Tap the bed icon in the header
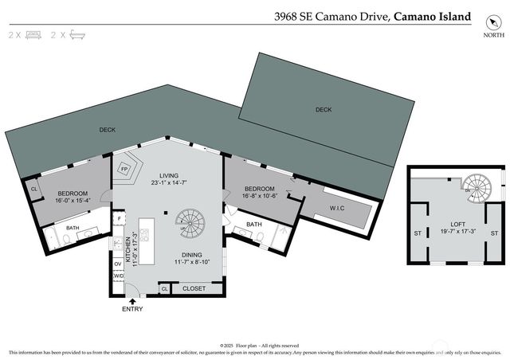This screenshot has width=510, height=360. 33,35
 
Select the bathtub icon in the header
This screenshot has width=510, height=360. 76,35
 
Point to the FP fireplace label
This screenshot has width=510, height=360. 124,169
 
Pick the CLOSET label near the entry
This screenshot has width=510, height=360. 194,288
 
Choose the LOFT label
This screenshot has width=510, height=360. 457,225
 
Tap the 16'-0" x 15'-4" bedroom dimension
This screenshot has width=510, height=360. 73,200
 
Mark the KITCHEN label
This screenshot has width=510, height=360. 125,252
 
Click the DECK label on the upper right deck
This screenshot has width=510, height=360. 323,109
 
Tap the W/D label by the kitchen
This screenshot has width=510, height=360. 119,276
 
